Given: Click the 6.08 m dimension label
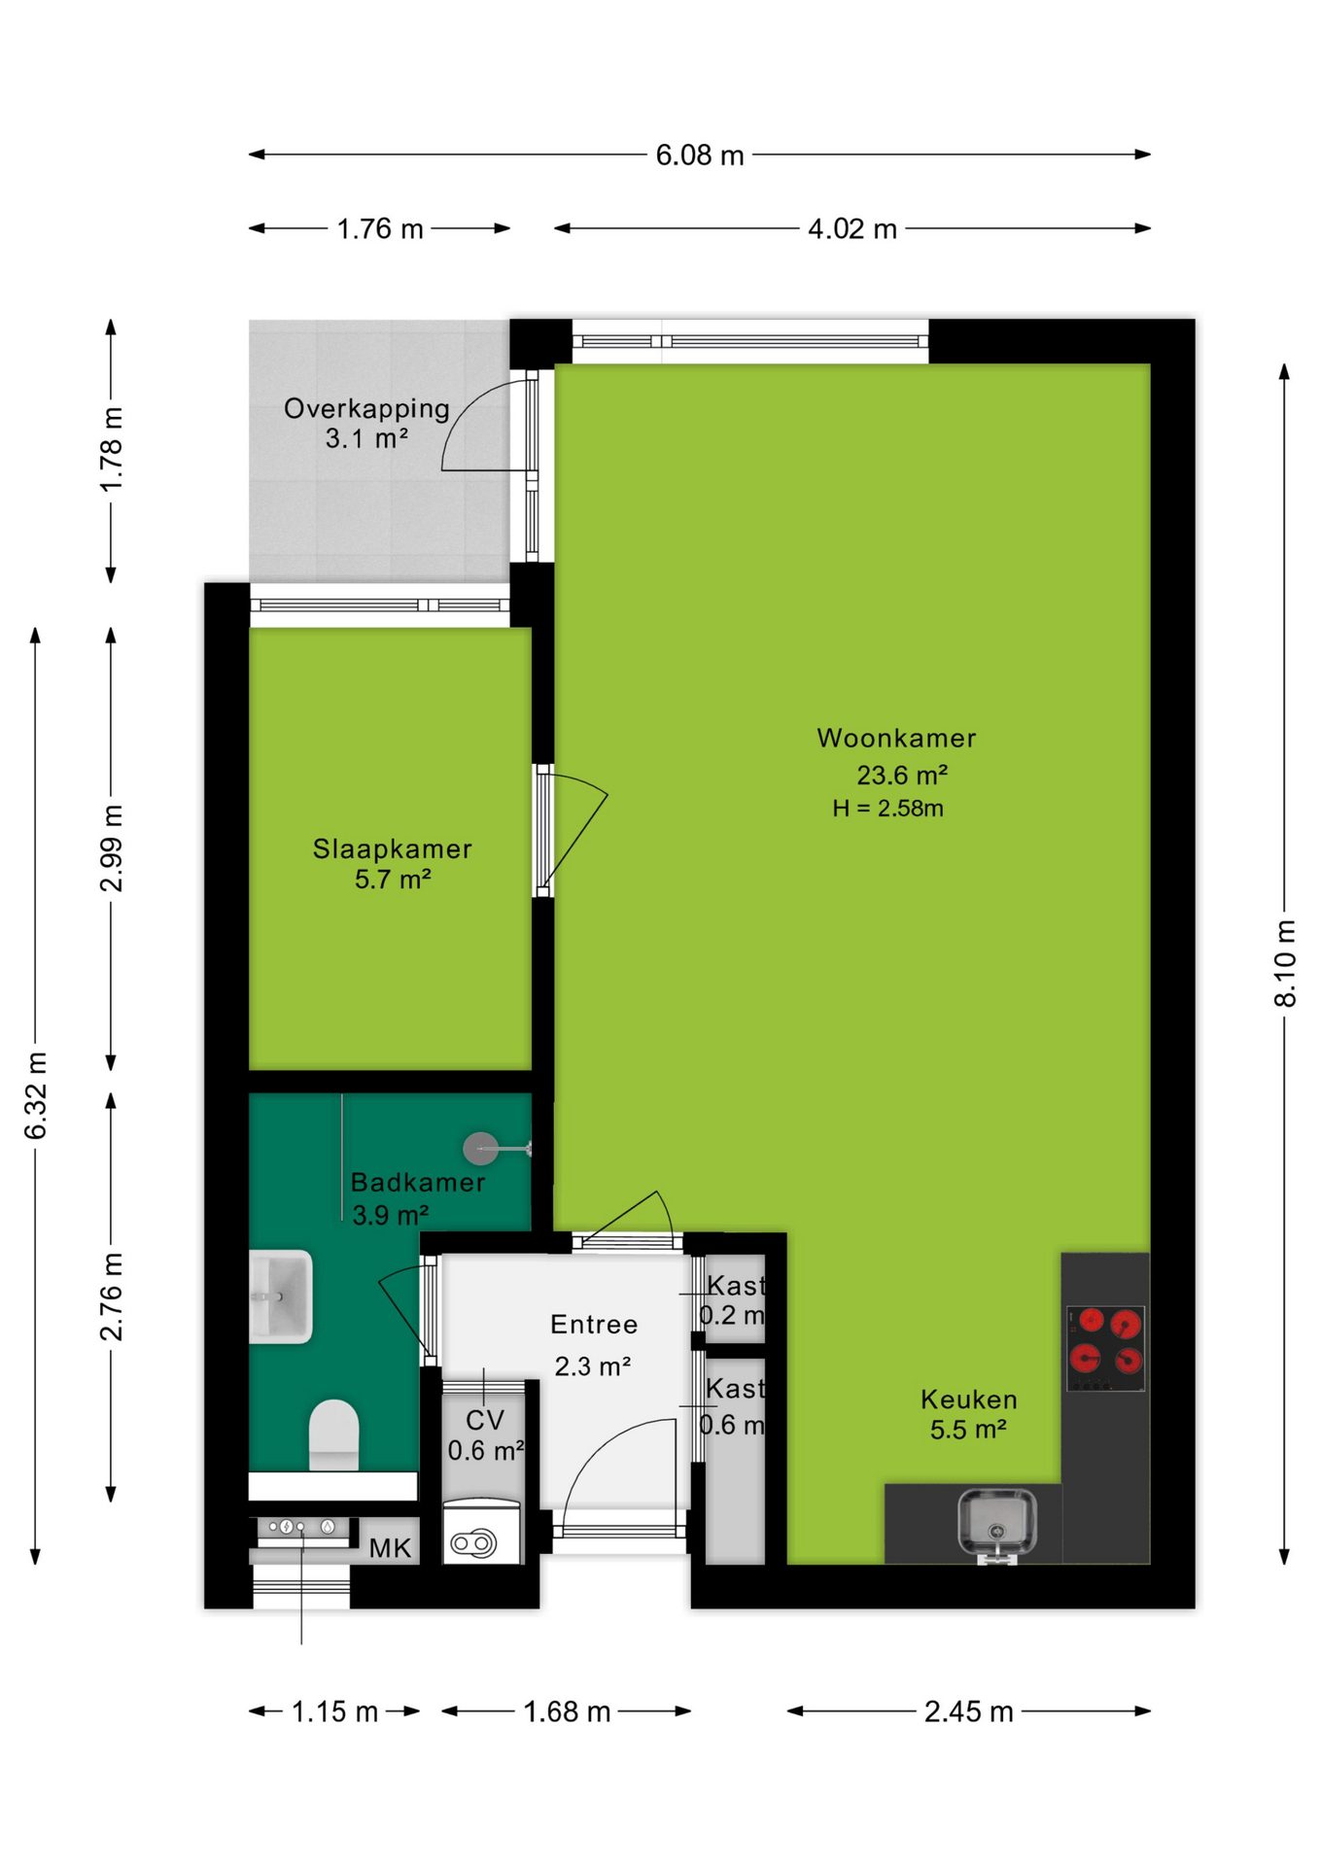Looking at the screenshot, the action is click(700, 155).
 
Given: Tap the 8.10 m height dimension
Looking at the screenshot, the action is click(1285, 963).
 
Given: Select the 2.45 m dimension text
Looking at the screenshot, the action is click(969, 1711).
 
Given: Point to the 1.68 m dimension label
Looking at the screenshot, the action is click(567, 1711).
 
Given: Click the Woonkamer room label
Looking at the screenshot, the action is click(896, 738).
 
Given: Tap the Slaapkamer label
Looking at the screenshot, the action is click(392, 848).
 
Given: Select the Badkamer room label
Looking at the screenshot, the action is click(418, 1182).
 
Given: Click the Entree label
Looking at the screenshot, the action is click(594, 1324).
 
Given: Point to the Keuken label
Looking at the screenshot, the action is click(969, 1399).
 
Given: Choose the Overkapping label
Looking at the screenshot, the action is click(366, 409).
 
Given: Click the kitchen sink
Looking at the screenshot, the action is click(997, 1523).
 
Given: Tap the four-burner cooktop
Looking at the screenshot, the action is click(1106, 1348).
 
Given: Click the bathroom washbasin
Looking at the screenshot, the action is click(281, 1296).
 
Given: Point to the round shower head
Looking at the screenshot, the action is click(480, 1149).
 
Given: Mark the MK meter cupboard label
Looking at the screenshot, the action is click(390, 1548).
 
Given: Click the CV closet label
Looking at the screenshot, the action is click(484, 1420).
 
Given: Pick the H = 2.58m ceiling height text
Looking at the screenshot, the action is click(887, 808).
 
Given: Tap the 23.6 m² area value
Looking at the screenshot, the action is click(902, 775).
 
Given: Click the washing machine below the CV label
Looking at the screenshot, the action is click(482, 1532).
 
